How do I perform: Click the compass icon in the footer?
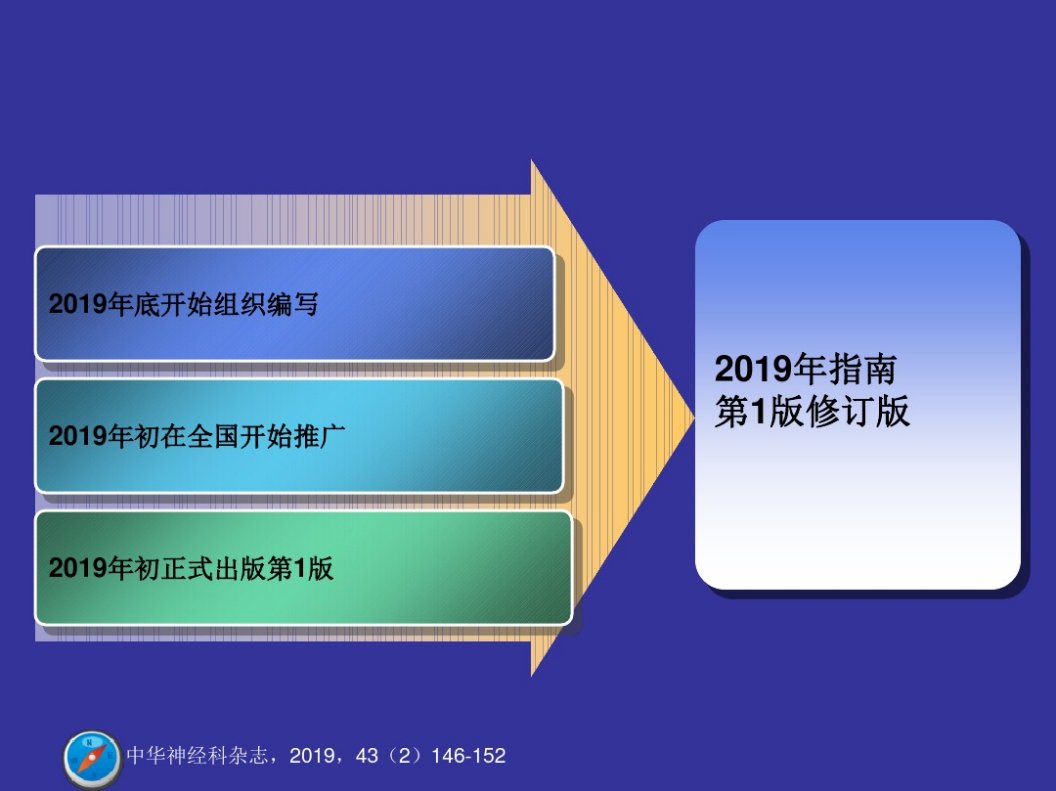tap(91, 759)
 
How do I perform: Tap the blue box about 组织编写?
tap(295, 304)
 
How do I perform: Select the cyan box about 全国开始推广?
tap(299, 436)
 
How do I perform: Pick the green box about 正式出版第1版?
tap(304, 568)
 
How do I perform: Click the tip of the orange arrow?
tap(694, 417)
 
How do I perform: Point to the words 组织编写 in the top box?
tap(266, 304)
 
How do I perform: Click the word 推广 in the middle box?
tap(319, 436)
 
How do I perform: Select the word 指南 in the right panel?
tap(863, 369)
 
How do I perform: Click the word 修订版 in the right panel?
tap(859, 411)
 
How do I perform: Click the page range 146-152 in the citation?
tap(469, 755)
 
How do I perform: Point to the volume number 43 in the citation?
tap(367, 755)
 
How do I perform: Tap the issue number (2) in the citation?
tap(404, 755)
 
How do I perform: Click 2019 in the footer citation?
tap(312, 755)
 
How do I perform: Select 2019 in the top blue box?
tap(77, 304)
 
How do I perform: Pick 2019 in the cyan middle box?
tap(77, 436)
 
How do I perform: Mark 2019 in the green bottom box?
tap(77, 568)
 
